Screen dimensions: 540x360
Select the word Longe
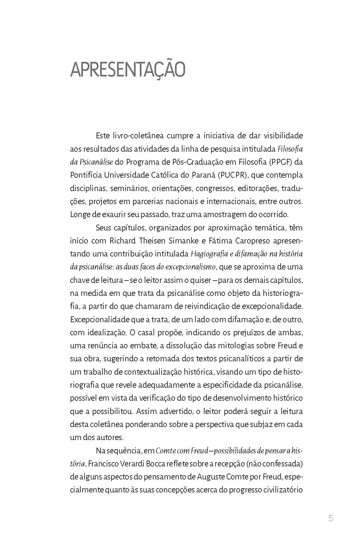[80, 215]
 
